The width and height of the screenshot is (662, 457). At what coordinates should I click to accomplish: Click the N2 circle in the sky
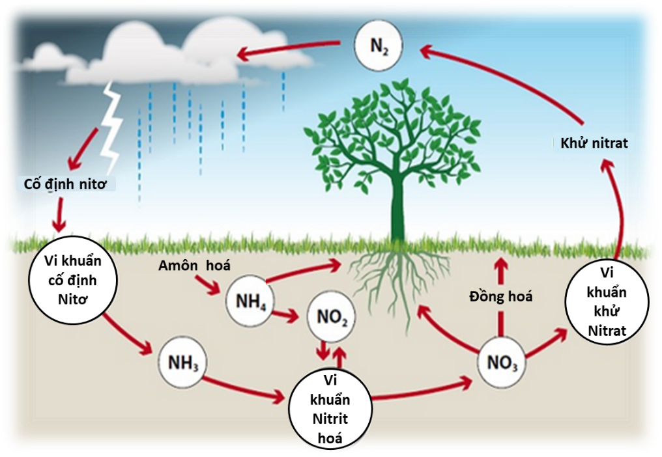click(379, 46)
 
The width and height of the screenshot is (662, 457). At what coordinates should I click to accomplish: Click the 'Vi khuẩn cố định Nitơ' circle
click(74, 281)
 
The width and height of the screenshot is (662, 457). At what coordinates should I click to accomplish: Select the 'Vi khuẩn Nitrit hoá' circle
click(331, 408)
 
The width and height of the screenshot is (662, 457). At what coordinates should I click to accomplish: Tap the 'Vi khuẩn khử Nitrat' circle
click(607, 303)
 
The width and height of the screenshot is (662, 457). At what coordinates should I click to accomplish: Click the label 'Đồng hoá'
click(501, 297)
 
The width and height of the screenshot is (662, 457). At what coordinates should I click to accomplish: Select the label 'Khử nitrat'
click(594, 143)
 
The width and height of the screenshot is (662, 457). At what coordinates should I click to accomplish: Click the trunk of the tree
click(397, 208)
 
